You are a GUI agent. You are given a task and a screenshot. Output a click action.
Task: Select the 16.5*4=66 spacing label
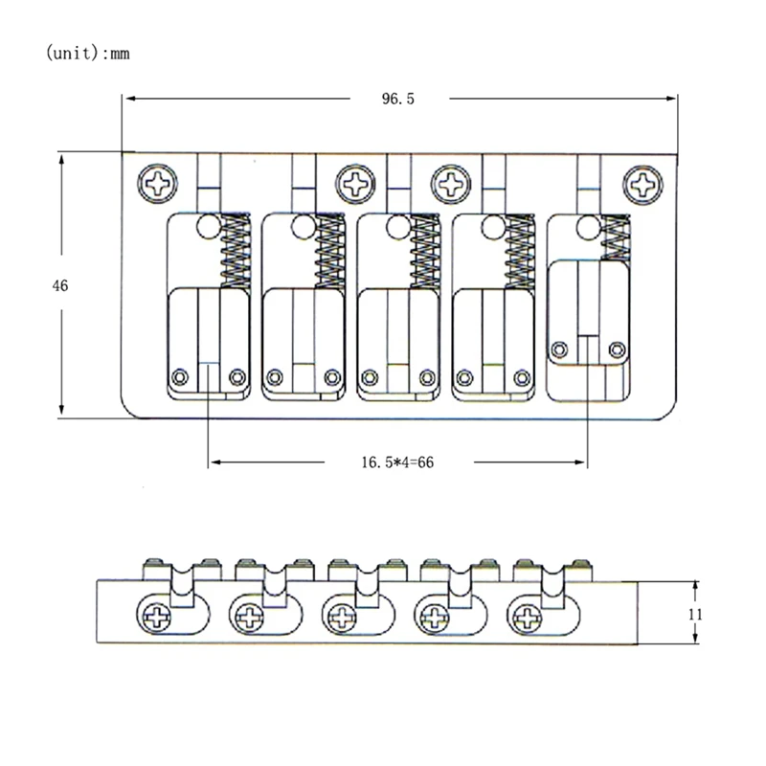(397, 462)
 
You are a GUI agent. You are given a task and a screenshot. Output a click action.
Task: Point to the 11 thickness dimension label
(696, 613)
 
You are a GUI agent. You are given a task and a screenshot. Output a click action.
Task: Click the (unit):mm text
(87, 54)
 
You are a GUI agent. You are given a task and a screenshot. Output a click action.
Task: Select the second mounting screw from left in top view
(354, 181)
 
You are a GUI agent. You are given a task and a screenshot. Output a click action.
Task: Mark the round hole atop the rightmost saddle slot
(587, 227)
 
